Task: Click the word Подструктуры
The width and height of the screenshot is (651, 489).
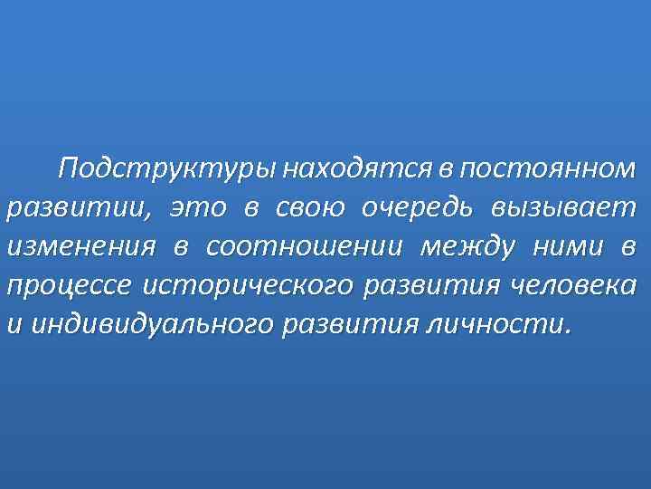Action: [x=168, y=169]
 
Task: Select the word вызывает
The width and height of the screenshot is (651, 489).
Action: [x=564, y=209]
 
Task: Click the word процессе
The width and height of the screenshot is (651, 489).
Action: [x=69, y=286]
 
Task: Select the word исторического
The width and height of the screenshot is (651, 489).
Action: [x=249, y=286]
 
